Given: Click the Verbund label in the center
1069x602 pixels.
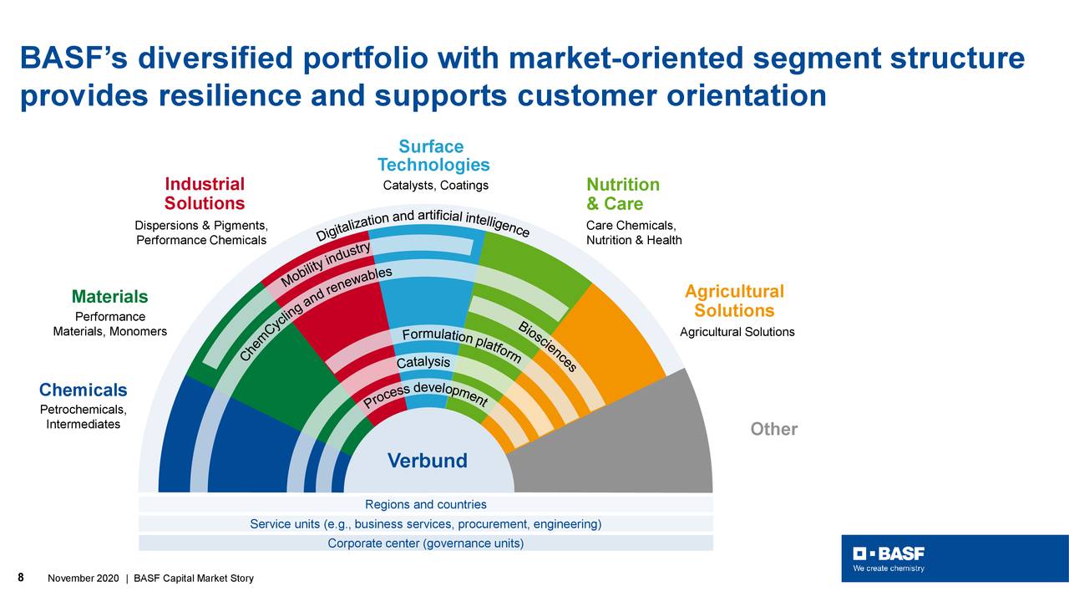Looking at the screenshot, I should click(x=427, y=461).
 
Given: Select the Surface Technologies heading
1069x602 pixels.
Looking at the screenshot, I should click(x=433, y=156).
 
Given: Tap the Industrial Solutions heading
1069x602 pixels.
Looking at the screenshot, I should click(x=205, y=194).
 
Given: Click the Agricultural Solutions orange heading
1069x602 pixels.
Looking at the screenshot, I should click(x=734, y=301).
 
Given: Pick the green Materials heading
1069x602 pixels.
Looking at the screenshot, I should click(x=109, y=297).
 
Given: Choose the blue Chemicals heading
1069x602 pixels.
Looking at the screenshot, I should click(x=84, y=390).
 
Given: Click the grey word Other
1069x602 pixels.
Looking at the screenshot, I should click(x=773, y=429).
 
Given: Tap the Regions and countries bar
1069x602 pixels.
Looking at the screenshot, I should click(x=425, y=504).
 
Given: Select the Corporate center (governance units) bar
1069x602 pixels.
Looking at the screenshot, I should click(x=425, y=543).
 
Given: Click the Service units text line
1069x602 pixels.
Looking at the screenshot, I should click(x=425, y=524).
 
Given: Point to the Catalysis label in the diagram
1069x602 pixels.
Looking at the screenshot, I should click(x=423, y=363).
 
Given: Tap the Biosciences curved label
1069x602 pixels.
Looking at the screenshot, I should click(x=547, y=346).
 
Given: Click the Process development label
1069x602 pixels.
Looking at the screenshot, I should click(x=425, y=395).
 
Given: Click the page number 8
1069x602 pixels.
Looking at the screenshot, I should click(x=21, y=578).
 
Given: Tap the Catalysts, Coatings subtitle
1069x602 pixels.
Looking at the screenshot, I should click(x=435, y=186).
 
